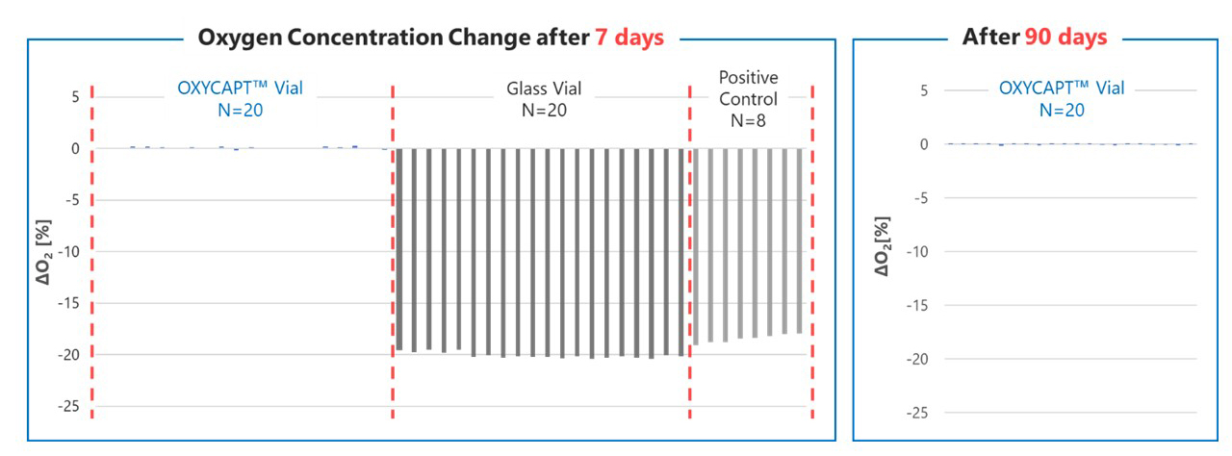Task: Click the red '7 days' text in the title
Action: point(629,38)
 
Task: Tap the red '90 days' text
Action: point(1065,37)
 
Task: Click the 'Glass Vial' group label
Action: point(544,88)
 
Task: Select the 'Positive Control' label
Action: point(749,88)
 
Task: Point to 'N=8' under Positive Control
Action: point(748,120)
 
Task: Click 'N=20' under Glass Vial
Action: point(544,110)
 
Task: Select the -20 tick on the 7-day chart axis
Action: point(68,355)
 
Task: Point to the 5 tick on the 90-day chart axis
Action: point(924,90)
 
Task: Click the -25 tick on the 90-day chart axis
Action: point(917,413)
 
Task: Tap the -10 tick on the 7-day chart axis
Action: point(68,252)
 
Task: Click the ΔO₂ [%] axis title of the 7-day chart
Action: point(44,252)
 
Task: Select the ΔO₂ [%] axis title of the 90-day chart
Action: point(882,246)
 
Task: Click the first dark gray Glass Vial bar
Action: point(399,249)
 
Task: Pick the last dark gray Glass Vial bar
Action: point(680,252)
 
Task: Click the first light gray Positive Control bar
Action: point(696,246)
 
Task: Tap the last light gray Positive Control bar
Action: point(799,241)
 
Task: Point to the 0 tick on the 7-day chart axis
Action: point(75,148)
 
